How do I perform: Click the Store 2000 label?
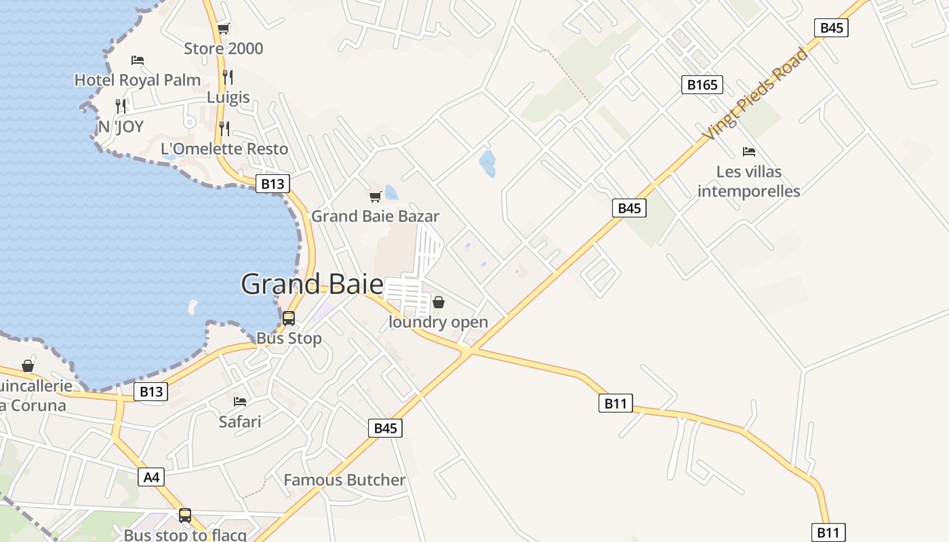click(x=223, y=49)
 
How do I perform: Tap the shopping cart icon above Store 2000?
click(x=223, y=28)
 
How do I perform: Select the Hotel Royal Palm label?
click(x=138, y=80)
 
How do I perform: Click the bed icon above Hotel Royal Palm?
click(x=138, y=60)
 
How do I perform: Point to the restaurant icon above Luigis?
click(x=228, y=77)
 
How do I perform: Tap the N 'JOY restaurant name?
click(x=121, y=127)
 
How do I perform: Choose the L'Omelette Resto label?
click(x=224, y=149)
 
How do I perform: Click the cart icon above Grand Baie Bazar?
click(x=375, y=196)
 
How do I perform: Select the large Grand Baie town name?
click(x=312, y=284)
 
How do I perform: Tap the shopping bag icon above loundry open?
click(x=439, y=302)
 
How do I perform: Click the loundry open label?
click(x=439, y=322)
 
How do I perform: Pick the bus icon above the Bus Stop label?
click(x=289, y=318)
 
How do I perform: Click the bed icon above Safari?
click(x=240, y=402)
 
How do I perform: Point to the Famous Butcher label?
click(x=344, y=480)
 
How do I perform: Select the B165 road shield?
click(x=702, y=85)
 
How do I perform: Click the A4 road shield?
click(x=152, y=477)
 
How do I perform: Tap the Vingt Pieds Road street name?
click(x=755, y=94)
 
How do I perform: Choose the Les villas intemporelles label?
click(x=749, y=182)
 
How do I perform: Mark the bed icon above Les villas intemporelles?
click(x=749, y=151)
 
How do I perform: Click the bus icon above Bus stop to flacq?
click(x=185, y=515)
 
